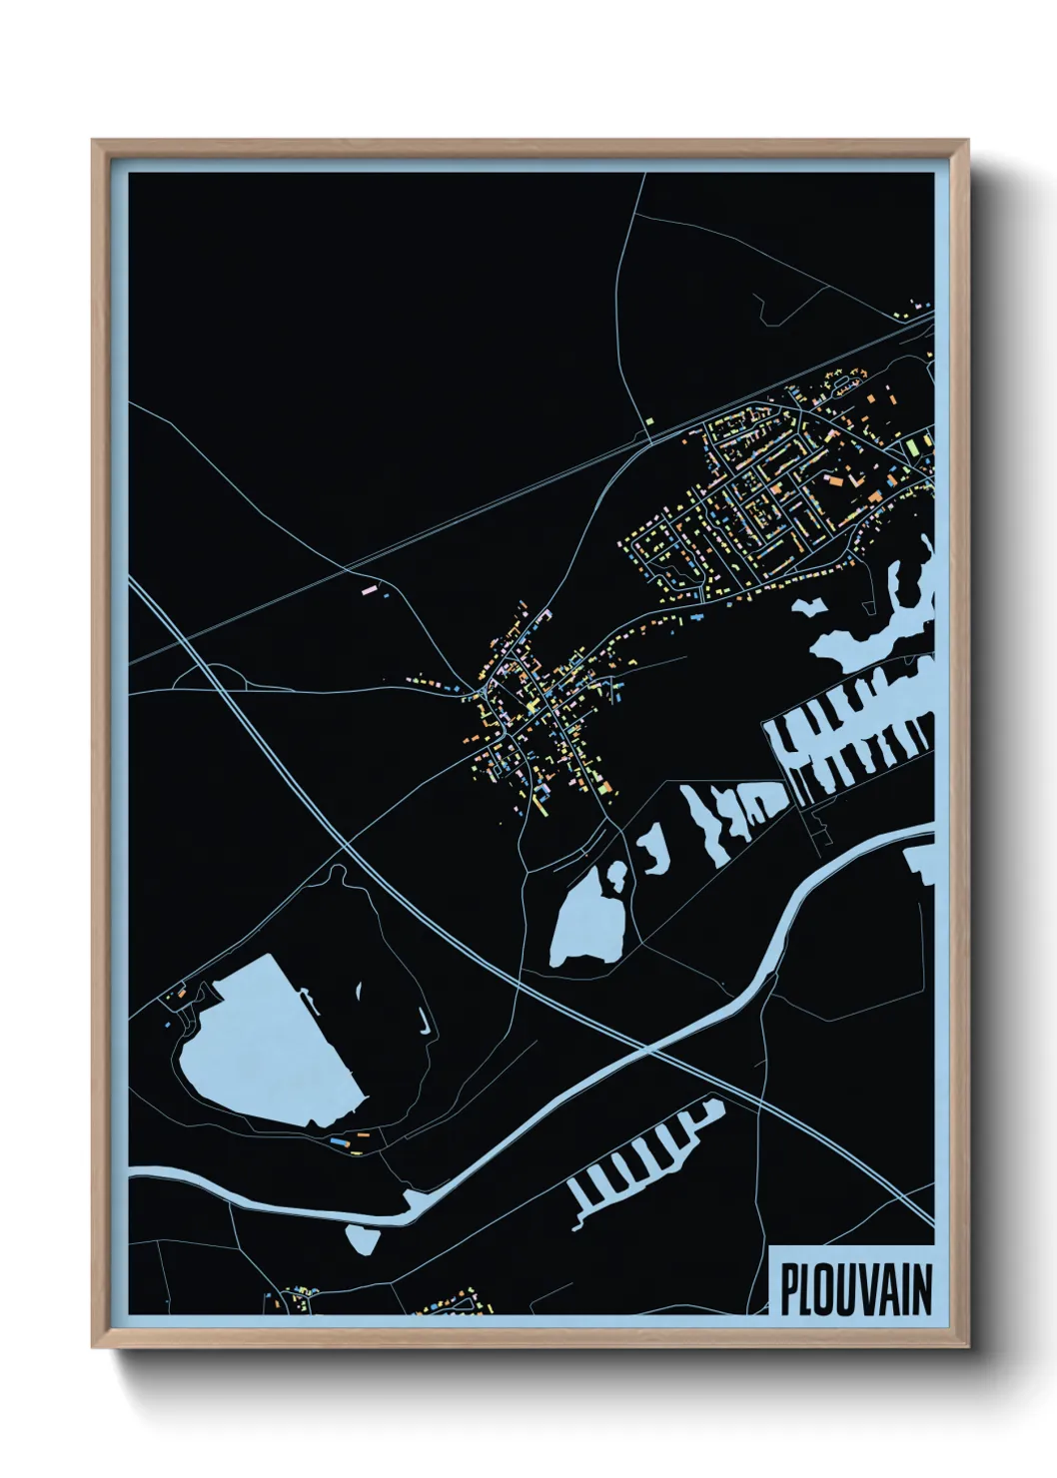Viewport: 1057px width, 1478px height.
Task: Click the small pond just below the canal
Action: point(361,1239)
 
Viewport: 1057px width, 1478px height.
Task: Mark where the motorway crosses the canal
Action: point(646,1050)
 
